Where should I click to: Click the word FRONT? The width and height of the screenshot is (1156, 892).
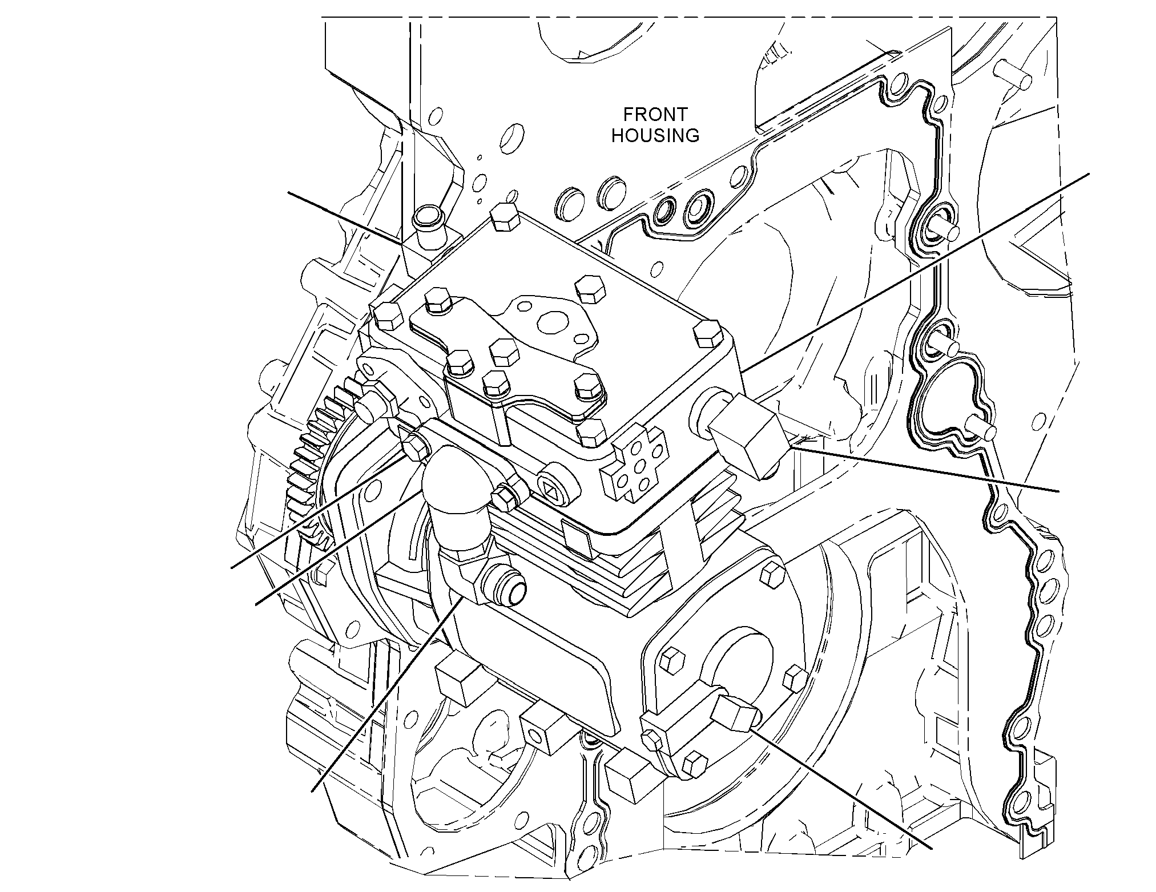point(655,115)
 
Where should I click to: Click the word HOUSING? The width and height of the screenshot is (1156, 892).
point(655,136)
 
